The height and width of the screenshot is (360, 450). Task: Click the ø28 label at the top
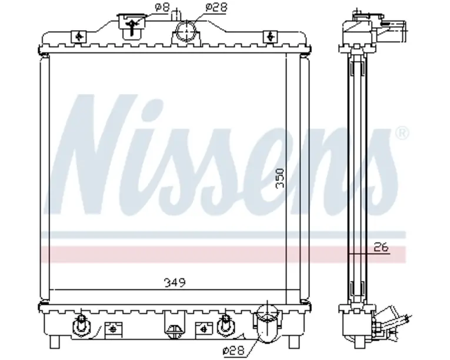point(216,8)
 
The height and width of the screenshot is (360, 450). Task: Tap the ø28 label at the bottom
point(234,350)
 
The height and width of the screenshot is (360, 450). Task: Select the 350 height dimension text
point(280,178)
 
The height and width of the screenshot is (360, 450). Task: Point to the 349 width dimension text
point(175,283)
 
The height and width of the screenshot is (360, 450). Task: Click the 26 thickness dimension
point(381,247)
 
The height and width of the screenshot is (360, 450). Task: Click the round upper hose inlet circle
point(186,31)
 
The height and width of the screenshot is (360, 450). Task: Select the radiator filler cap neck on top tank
point(132,26)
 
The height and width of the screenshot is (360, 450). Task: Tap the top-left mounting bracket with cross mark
point(79,36)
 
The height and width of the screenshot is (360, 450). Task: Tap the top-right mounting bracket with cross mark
point(270,36)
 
